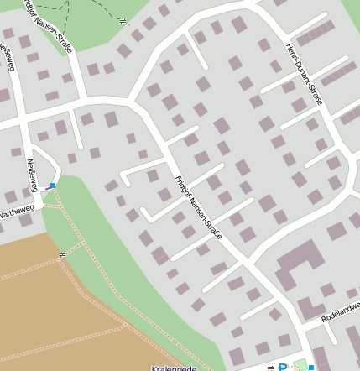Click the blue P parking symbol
pyautogui.click(x=283, y=366)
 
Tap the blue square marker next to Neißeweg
pyautogui.click(x=53, y=185)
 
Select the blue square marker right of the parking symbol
pyautogui.click(x=311, y=367)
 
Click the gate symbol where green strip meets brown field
pyautogui.click(x=62, y=254)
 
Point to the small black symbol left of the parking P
pyautogui.click(x=269, y=367)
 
